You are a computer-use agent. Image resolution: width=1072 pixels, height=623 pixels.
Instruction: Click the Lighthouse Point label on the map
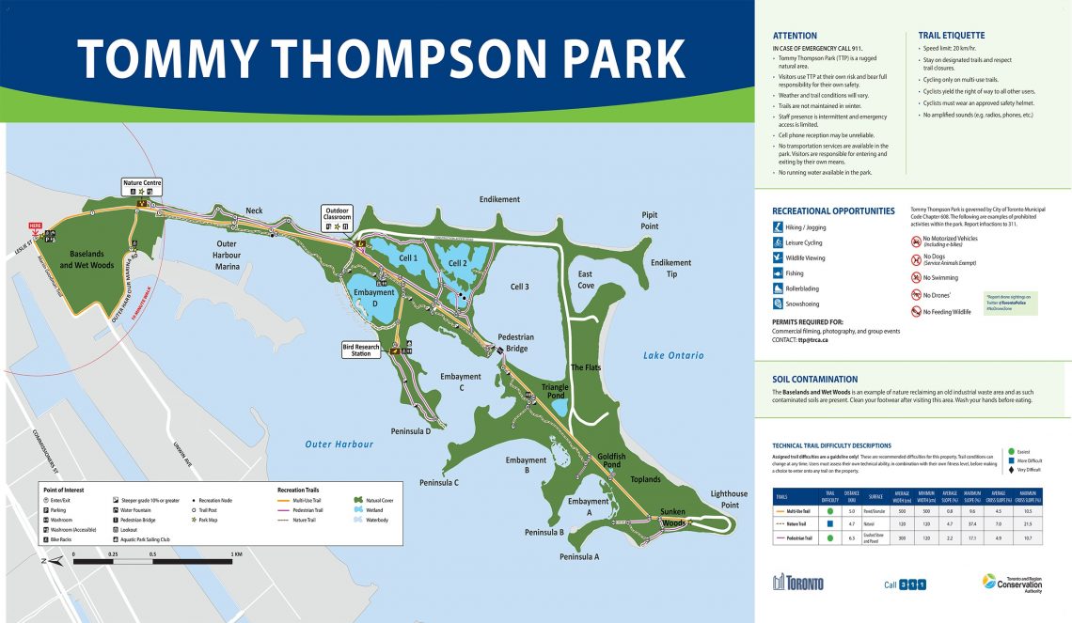729,499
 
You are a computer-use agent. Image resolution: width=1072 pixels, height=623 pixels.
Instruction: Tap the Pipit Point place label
650,220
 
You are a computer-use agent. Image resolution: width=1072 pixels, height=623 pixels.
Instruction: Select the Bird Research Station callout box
361,350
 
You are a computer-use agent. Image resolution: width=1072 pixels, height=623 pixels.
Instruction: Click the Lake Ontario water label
673,355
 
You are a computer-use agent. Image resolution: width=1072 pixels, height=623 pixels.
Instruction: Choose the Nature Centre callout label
144,183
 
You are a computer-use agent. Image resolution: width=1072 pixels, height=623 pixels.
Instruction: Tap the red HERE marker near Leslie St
36,226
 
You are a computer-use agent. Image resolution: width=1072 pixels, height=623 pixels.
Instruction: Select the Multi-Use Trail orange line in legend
284,500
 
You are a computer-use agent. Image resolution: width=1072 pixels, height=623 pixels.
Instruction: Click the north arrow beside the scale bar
47,561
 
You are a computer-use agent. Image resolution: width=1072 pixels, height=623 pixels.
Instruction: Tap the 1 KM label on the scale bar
237,554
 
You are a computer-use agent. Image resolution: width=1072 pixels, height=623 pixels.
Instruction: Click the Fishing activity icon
778,273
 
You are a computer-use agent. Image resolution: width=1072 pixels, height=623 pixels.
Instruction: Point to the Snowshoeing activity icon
778,304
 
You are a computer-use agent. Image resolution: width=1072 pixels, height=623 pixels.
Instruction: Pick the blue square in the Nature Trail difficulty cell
830,522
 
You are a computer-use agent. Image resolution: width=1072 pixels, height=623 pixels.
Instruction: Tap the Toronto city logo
797,584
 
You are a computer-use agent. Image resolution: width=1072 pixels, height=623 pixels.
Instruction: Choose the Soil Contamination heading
814,380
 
